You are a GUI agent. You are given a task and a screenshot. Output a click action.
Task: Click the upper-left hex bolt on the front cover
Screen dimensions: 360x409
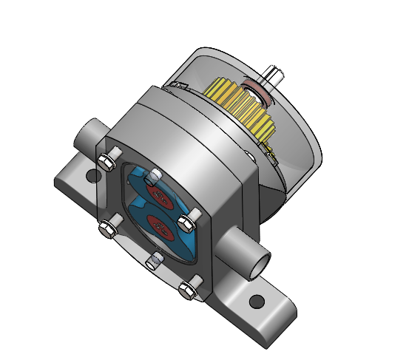pyautogui.click(x=105, y=161)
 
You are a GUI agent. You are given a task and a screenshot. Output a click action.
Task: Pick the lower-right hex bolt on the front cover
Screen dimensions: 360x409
pyautogui.click(x=188, y=289)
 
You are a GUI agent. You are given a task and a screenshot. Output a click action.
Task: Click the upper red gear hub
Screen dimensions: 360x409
pyautogui.click(x=158, y=193)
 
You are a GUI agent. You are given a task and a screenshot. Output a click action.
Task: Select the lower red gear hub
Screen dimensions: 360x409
pyautogui.click(x=159, y=225)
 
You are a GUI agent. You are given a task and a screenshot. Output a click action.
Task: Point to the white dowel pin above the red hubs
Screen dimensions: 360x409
pyautogui.click(x=154, y=175)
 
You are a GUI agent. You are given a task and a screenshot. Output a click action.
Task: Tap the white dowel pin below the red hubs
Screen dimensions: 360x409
pyautogui.click(x=155, y=260)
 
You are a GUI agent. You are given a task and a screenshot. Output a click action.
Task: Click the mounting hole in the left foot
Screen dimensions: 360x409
pyautogui.click(x=92, y=177)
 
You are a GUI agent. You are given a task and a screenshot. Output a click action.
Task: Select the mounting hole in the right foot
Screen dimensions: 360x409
pyautogui.click(x=257, y=302)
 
